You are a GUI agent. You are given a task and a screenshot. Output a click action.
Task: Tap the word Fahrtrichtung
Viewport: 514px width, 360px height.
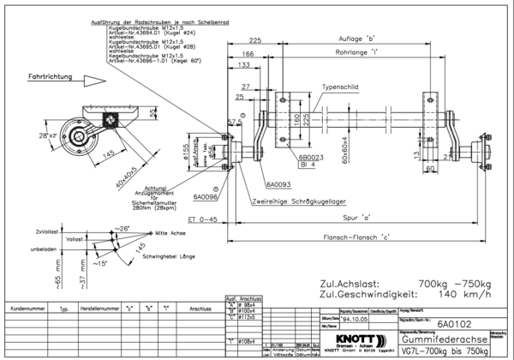51,77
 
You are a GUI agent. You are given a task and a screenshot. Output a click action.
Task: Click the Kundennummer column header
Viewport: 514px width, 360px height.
27,306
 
